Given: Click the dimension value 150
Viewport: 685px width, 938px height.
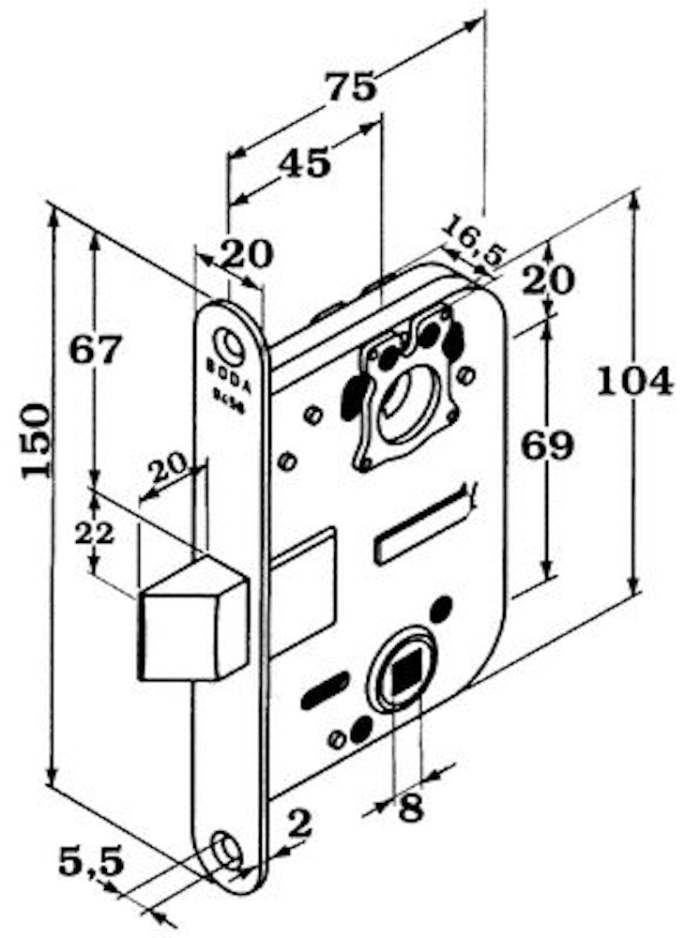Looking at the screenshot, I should click(x=36, y=441).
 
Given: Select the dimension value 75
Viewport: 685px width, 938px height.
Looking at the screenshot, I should click(x=351, y=86).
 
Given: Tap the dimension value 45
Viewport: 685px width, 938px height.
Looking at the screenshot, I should click(x=304, y=163).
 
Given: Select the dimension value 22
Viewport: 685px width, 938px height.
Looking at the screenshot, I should click(x=95, y=534).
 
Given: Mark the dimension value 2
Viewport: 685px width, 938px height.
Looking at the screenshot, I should click(x=298, y=825).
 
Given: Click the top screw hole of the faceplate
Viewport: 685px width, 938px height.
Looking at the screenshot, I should click(x=227, y=340).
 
